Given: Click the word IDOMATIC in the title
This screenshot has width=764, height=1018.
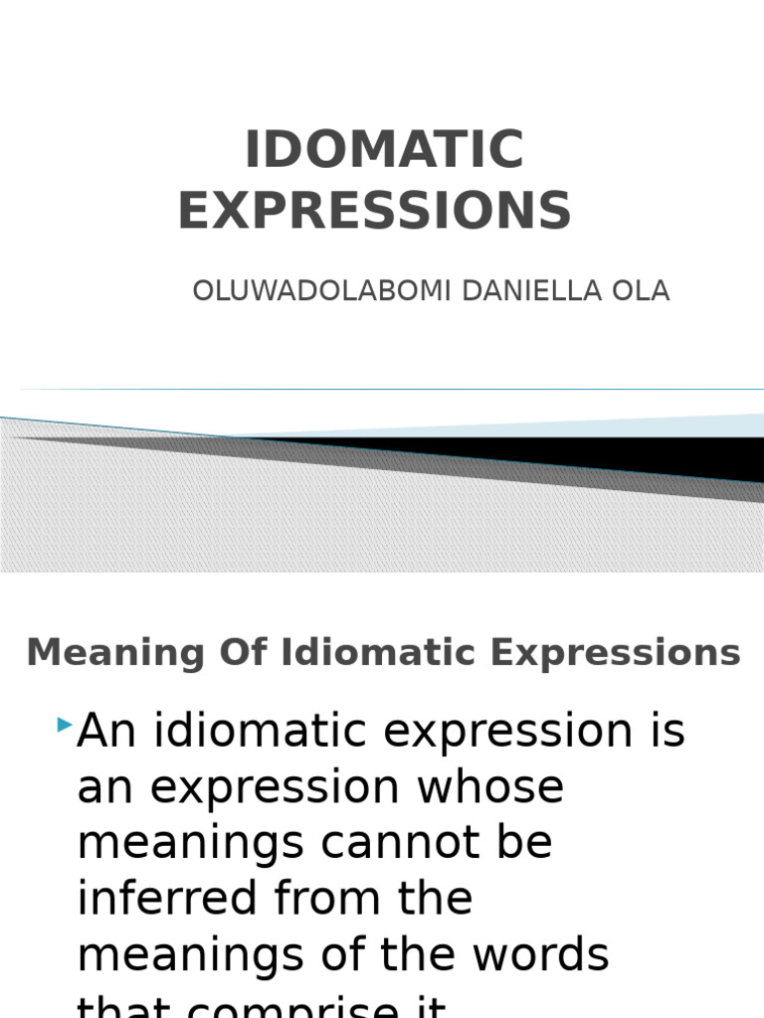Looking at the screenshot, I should (x=384, y=151).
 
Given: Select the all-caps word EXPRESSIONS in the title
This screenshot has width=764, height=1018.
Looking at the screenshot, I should (x=375, y=211).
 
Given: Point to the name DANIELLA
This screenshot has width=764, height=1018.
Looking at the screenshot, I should (x=511, y=291).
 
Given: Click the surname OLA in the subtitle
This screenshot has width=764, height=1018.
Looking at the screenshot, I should (x=642, y=291).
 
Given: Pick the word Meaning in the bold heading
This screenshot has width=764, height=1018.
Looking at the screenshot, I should (x=94, y=654).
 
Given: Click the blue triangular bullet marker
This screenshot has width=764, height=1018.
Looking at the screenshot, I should (x=65, y=726).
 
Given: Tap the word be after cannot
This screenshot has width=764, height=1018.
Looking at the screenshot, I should (x=522, y=843).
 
